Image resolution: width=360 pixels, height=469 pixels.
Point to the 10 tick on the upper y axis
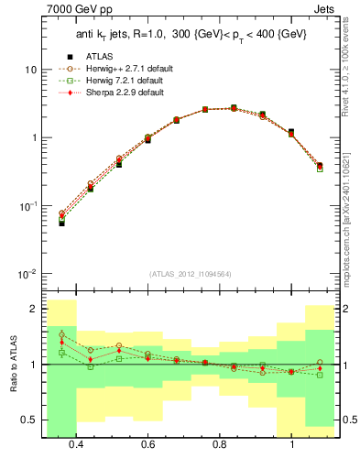30,70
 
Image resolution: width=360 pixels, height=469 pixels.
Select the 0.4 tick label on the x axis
76,444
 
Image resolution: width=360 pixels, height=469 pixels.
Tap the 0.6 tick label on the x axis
147,444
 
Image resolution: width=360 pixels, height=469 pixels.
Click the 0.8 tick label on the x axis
220,444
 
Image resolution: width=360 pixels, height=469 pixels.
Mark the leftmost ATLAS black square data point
61,223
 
